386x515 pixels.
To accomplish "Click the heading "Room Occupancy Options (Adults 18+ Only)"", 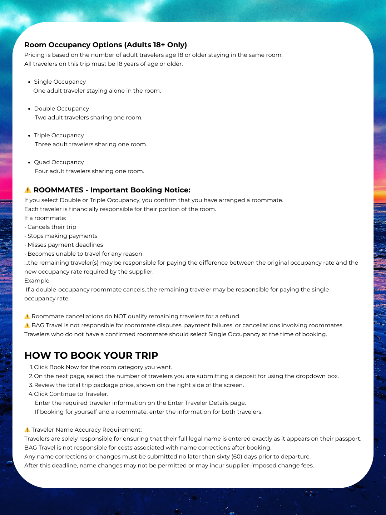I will (x=105, y=45).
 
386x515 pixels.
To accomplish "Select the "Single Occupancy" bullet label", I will (x=60, y=82).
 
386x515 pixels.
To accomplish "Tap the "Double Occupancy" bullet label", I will (x=61, y=109).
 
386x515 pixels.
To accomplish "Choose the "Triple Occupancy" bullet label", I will (x=59, y=136).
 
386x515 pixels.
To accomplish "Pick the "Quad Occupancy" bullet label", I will (x=59, y=162).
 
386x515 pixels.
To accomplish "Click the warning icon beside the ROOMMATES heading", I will (x=28, y=190).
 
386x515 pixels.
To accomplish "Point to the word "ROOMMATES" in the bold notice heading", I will (x=58, y=190).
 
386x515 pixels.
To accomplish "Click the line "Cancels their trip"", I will (x=52, y=227).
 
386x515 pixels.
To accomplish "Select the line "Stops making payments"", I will (x=63, y=236).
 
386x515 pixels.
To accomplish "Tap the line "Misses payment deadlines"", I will (x=65, y=245).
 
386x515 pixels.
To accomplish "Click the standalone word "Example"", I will (x=37, y=281).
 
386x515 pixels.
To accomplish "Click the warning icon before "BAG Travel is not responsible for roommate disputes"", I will (x=27, y=325).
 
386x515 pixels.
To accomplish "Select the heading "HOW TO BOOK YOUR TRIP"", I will (x=91, y=355).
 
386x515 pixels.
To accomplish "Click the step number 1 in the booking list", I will (x=31, y=367).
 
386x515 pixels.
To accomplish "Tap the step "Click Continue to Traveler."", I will (x=71, y=394).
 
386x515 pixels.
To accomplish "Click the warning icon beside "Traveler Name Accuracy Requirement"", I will (x=27, y=430).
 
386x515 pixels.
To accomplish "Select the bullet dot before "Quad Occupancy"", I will (x=29, y=162).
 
